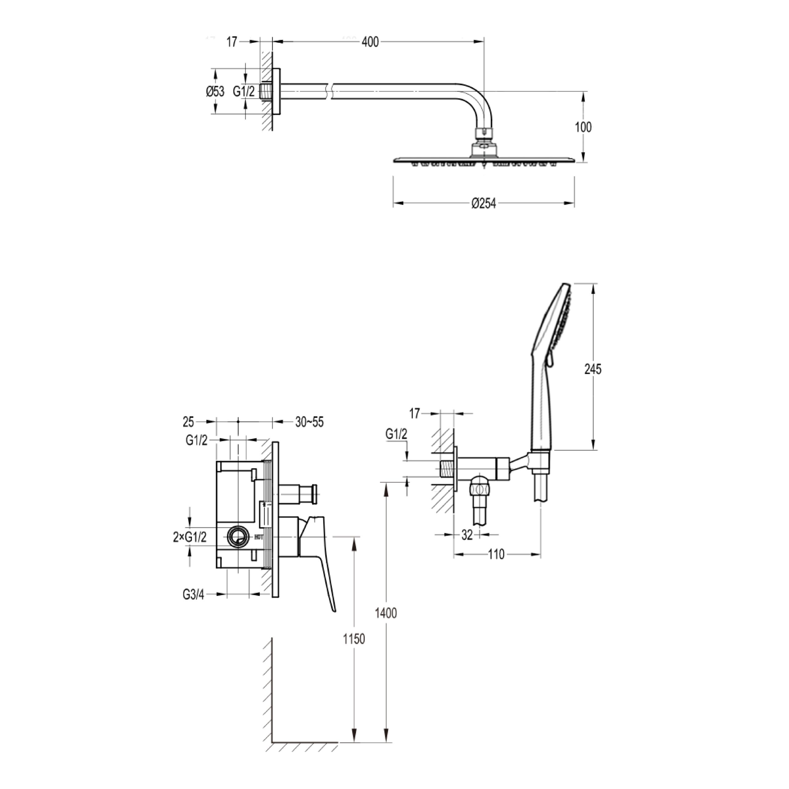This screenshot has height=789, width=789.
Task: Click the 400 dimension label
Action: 370,42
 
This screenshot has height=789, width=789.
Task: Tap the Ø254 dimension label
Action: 484,203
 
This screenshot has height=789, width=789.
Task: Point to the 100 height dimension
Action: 583,127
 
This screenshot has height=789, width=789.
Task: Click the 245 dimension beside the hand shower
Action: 593,369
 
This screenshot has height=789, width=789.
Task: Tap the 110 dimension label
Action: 496,554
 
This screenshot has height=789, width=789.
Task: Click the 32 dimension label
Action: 467,534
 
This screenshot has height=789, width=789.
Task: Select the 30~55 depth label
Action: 309,422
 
